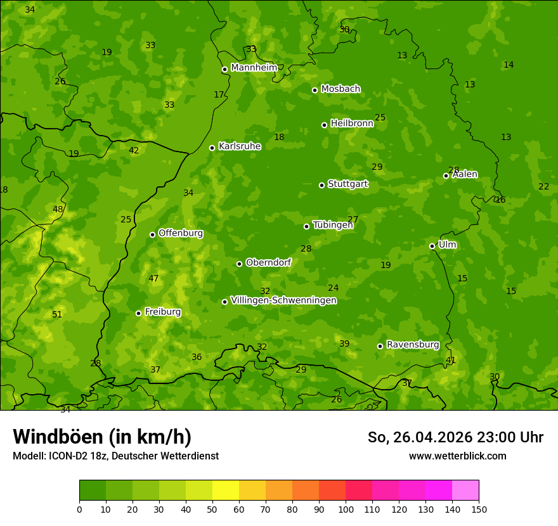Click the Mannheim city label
(254, 68)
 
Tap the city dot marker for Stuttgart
(321, 185)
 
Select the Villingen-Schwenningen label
(283, 300)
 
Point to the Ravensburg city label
(413, 345)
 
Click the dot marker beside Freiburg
(138, 313)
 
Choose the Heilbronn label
(352, 124)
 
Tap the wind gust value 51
(57, 315)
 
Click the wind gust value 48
(58, 210)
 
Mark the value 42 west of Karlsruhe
(134, 151)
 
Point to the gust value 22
(543, 187)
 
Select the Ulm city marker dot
(432, 246)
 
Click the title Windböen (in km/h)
(102, 437)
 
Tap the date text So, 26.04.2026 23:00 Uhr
(455, 437)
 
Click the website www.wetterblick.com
(457, 456)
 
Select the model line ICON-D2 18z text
(115, 456)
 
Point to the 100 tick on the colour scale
(346, 509)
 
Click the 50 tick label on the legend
(212, 509)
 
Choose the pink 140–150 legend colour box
(465, 491)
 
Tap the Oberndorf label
(268, 262)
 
